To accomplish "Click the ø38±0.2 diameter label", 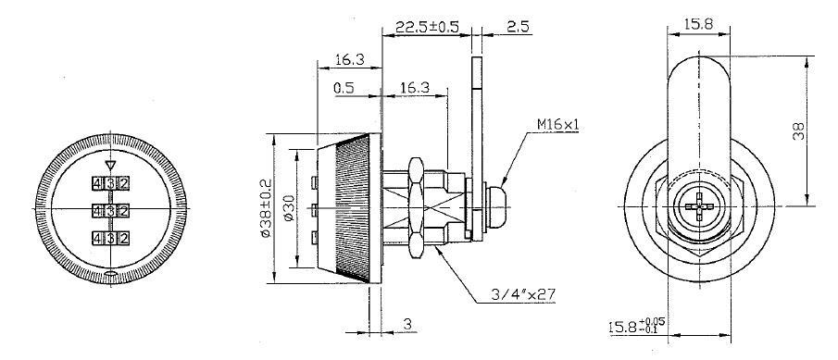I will pos(267,211).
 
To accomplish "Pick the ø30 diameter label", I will pos(290,212).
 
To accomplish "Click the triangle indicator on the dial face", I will pos(110,166).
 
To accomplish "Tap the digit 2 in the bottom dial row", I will pos(122,239).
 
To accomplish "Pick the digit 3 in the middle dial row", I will pos(110,210).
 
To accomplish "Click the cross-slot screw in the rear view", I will pos(698,209).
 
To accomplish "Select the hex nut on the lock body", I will pos(414,209).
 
